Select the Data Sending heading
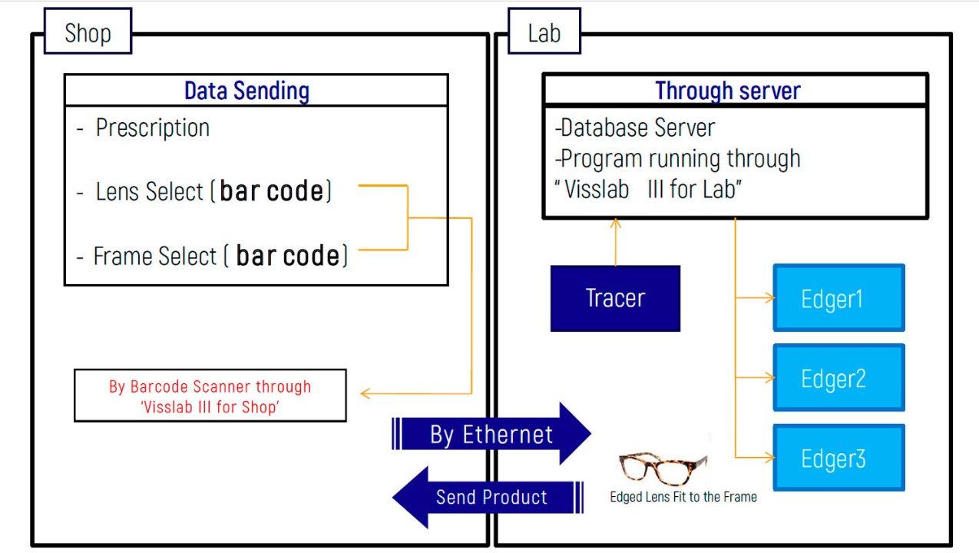click(247, 91)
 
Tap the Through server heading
click(728, 91)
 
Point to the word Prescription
click(153, 127)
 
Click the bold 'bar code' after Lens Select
click(271, 191)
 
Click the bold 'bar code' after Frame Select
click(288, 255)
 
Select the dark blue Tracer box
click(615, 298)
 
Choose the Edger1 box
click(838, 298)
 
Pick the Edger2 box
click(838, 377)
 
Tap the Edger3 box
click(838, 457)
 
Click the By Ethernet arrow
click(491, 434)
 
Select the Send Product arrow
click(488, 498)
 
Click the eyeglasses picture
click(663, 469)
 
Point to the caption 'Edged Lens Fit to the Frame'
click(683, 497)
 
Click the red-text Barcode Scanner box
click(210, 396)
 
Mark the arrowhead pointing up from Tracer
click(615, 223)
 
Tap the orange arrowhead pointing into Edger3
click(769, 458)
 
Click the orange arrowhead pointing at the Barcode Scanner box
click(365, 393)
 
